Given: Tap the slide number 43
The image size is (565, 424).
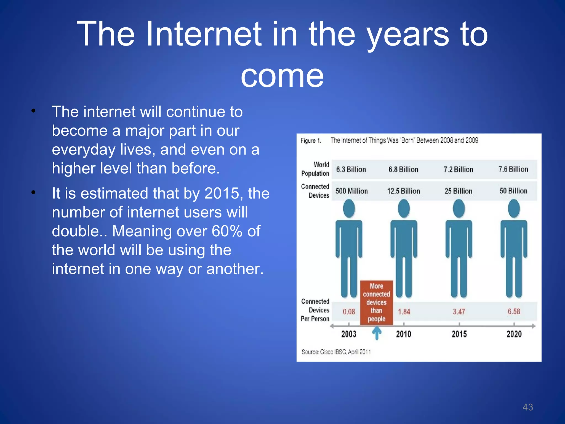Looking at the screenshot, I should coord(527,407).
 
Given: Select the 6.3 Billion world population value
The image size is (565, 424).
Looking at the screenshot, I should coord(351,169).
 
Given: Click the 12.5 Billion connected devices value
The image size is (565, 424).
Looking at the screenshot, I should coord(403,191).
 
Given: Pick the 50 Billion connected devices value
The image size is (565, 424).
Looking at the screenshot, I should coord(513,191).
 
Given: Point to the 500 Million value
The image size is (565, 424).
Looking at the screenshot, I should coord(351,191).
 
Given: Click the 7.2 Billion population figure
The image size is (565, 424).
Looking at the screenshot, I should coord(458,169).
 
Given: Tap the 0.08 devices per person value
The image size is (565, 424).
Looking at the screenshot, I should coord(349,312).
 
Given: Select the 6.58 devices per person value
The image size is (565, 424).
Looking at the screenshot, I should coord(514,312).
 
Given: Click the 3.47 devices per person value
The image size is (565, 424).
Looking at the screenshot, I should coord(459,312).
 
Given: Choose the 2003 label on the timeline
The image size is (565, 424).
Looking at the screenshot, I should coord(349,334).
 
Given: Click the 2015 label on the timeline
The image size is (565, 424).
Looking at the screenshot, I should coord(459,334).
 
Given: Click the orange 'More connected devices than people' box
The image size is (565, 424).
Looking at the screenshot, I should coord(376,303).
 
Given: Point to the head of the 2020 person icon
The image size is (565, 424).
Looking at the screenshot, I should coord(514,208).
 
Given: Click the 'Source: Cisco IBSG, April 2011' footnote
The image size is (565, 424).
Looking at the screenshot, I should coord(336,352).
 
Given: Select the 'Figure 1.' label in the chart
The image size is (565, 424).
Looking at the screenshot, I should coord(311,141).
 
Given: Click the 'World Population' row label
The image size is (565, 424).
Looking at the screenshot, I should coord(315,169).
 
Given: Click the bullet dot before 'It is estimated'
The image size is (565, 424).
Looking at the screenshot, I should coord(33,192).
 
